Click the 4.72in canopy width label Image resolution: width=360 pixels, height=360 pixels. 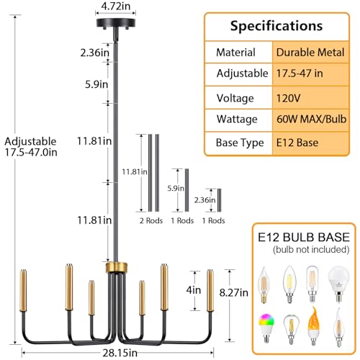tap(116, 6)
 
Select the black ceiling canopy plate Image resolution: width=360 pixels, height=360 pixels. tap(116, 23)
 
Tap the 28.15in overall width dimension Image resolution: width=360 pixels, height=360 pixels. tap(120, 353)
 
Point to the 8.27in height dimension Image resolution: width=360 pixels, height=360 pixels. tap(233, 292)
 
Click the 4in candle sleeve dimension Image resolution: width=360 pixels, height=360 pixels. tap(194, 290)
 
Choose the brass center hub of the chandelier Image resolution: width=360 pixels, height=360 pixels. tap(117, 268)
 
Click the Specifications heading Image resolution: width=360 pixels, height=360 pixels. tap(276, 26)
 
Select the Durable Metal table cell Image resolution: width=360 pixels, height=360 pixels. tap(310, 53)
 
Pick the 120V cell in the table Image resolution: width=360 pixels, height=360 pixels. tap(310, 98)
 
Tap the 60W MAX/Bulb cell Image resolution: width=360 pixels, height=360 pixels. tap(310, 120)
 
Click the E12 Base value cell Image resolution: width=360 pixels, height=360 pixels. tap(310, 143)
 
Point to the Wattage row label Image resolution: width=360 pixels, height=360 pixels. tap(237, 120)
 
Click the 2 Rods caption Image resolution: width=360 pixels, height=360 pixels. tap(151, 220)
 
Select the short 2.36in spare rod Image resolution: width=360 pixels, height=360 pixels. tap(219, 200)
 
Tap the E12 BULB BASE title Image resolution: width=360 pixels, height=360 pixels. tap(304, 237)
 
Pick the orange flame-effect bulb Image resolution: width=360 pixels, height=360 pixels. tap(313, 326)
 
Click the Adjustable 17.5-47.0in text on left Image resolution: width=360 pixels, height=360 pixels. tap(31, 147)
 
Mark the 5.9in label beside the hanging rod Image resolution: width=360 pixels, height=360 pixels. tap(96, 84)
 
